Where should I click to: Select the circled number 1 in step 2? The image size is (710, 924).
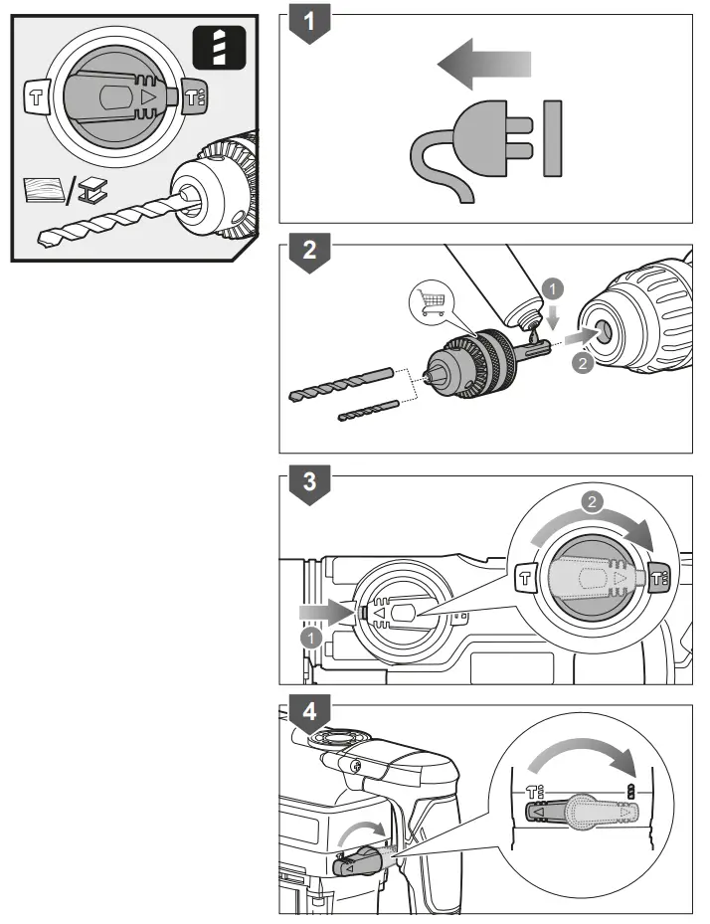point(555,289)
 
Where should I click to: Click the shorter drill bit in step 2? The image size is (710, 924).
point(368,409)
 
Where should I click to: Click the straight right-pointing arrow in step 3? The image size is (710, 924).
point(323,607)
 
